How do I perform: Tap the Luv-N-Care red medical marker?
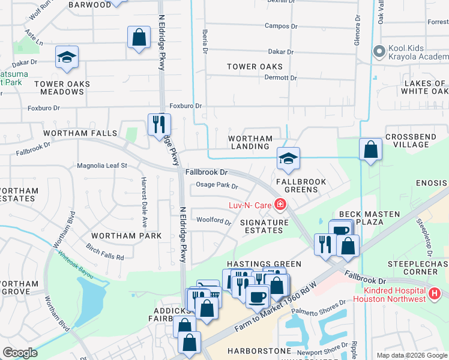coord(280,205)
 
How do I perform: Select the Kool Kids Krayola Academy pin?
coord(378,52)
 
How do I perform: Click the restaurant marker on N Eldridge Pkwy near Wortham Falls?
coord(159,124)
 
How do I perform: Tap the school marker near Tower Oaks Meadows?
coord(67,57)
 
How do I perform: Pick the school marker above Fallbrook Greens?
coord(288,158)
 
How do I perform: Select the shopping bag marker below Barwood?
coord(139,37)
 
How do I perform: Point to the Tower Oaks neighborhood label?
coord(255,67)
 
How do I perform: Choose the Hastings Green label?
coord(256,264)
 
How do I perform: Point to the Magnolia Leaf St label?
coord(102,166)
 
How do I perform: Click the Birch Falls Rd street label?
coord(104,253)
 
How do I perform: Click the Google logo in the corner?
coord(20,353)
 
